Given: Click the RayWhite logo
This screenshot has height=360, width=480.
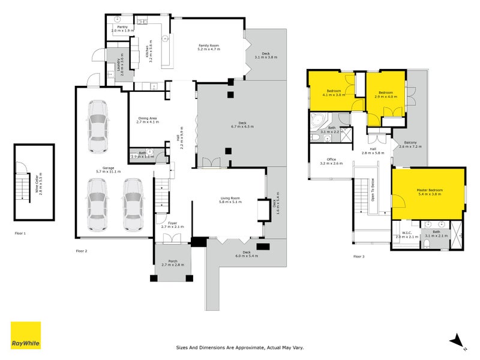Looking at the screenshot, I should point(26,335).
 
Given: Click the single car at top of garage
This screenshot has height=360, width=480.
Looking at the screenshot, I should point(97,127).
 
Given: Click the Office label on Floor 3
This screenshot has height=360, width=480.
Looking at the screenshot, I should point(331,160).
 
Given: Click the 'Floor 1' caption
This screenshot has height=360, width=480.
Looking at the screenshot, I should point(20,233).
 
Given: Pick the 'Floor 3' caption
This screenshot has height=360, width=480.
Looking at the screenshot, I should point(358,256).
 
